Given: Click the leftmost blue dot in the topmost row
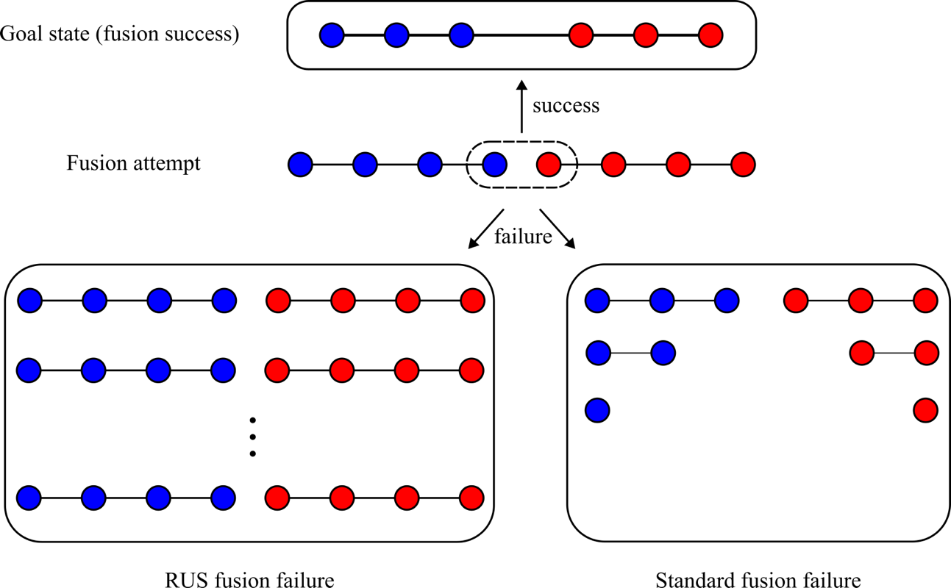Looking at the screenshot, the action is (332, 35).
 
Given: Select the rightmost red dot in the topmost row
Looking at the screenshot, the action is (710, 35).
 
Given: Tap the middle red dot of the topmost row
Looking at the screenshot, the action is (646, 35).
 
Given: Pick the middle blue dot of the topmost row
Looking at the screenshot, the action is (396, 35).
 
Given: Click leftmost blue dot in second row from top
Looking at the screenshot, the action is (300, 165).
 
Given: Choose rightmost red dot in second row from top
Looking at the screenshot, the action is (743, 165).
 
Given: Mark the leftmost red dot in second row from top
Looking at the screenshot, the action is (549, 165).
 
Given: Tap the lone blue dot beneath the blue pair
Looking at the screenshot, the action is (597, 410).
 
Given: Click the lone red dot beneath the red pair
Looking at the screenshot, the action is (925, 410).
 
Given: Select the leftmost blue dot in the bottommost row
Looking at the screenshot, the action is (29, 498).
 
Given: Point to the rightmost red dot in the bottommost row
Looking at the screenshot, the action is (471, 498).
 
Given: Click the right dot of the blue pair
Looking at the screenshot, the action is (663, 353).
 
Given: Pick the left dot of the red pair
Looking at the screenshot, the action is (862, 353).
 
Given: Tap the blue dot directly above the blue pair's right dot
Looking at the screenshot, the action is (662, 301).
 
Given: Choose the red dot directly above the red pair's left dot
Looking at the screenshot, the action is (861, 301).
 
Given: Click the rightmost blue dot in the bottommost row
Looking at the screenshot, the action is (223, 498).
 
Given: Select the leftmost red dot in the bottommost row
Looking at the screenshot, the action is (277, 498).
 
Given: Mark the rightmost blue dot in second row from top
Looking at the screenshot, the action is (494, 165).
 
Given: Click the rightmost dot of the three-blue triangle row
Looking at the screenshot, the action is (727, 301).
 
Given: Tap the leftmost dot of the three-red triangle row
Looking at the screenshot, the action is (796, 301).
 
